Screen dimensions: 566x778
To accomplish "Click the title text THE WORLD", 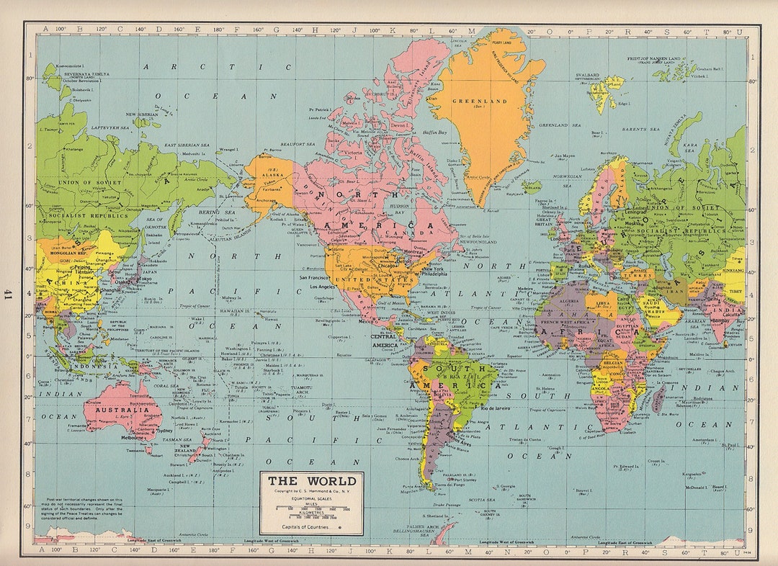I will (x=312, y=481).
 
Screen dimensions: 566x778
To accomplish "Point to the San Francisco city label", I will (x=313, y=277).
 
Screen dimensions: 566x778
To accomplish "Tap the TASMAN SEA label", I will (x=176, y=439).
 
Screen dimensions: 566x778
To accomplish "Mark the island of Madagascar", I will (x=658, y=398).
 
